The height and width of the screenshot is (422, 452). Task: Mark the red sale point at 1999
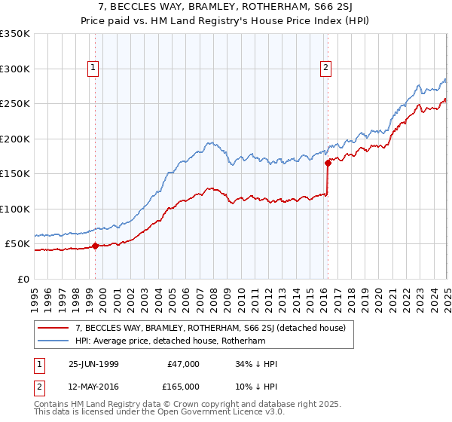(96, 246)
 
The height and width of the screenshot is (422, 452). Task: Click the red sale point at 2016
(328, 163)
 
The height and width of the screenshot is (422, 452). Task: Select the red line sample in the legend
(53, 328)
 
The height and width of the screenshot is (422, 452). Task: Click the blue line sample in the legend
(53, 341)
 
